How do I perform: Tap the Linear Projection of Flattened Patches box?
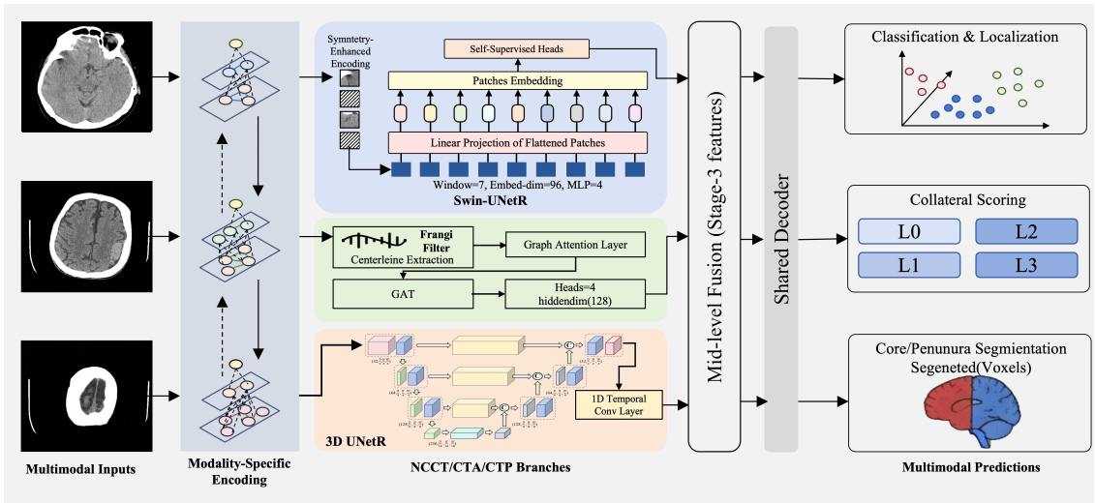click(x=517, y=144)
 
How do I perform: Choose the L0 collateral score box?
click(x=909, y=232)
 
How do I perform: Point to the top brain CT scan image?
click(x=88, y=74)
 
